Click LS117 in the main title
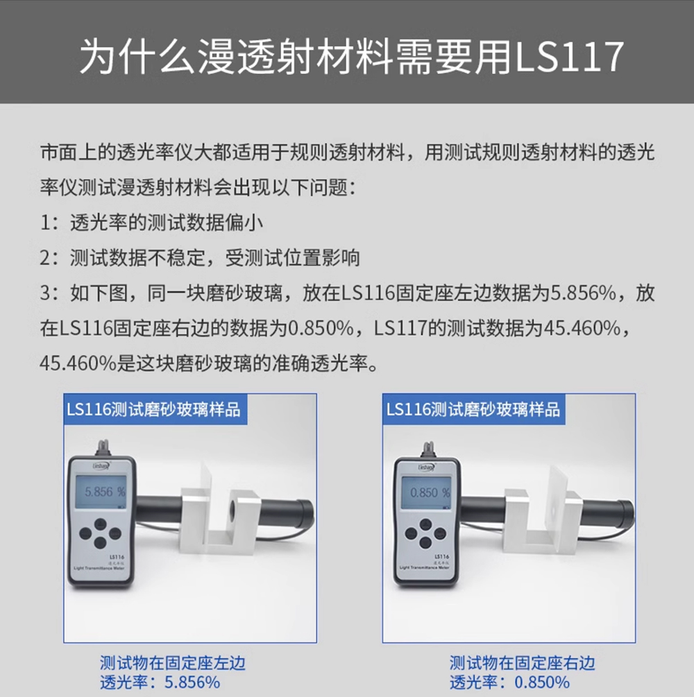tap(570, 56)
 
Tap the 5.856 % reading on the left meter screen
tap(105, 492)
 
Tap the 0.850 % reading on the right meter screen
tap(430, 492)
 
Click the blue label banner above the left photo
tap(155, 409)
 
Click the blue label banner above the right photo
tap(474, 409)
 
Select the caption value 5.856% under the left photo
tap(192, 682)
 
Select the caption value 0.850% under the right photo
tap(542, 682)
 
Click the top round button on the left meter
tap(101, 523)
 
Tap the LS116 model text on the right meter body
tap(442, 556)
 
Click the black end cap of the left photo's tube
tap(306, 515)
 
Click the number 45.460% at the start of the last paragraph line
tap(78, 363)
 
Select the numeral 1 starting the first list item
tap(45, 223)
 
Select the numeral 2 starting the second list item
tap(45, 258)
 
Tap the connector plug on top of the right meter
tap(428, 449)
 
